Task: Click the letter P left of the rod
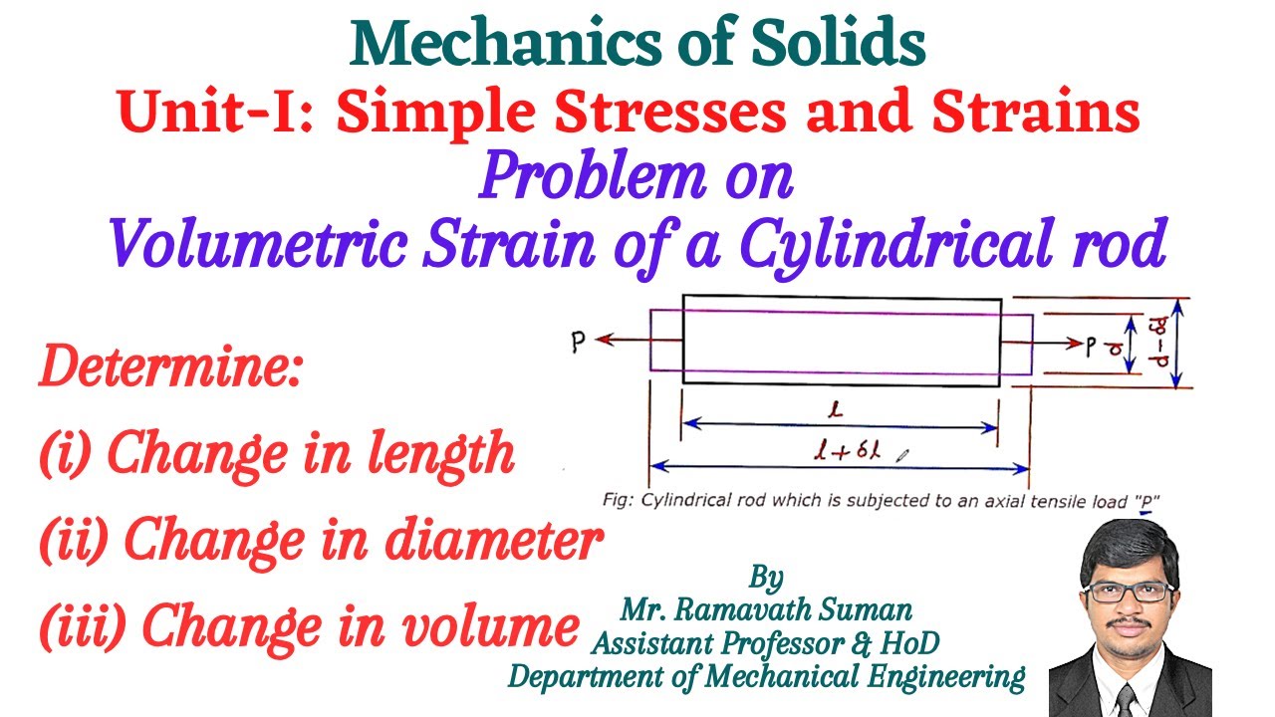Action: point(578,343)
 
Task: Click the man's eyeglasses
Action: point(1128,592)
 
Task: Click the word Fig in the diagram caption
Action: point(617,500)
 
